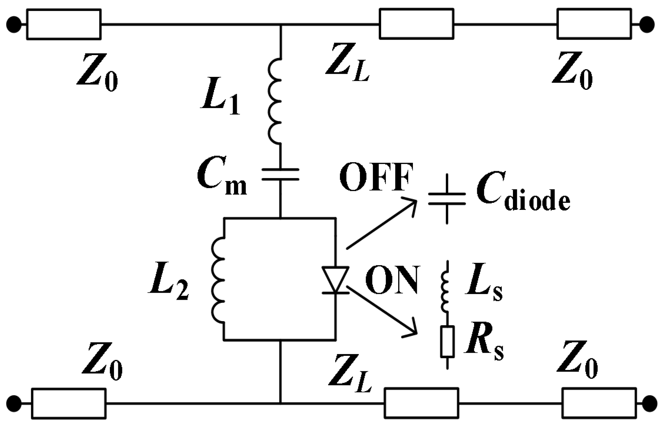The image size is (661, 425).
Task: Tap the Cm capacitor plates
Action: pos(280,174)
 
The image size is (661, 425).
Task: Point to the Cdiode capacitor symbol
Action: pos(447,199)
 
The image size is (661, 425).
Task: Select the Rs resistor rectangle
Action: pos(447,341)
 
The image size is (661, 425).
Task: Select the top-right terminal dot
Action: pos(647,25)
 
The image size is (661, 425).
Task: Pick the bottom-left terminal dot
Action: pos(14,403)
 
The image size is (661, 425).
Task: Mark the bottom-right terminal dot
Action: pos(650,403)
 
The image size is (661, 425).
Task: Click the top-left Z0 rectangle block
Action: pos(64,24)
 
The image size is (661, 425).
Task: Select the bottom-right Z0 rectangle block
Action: pos(599,403)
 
